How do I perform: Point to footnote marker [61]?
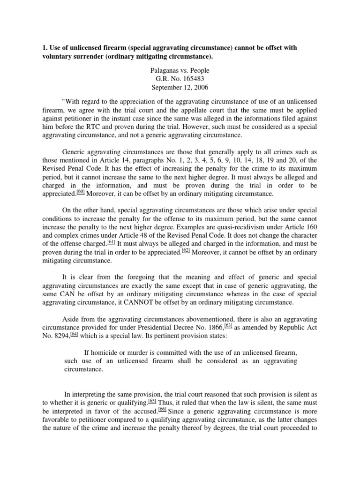point(111,241)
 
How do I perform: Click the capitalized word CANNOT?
point(145,302)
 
